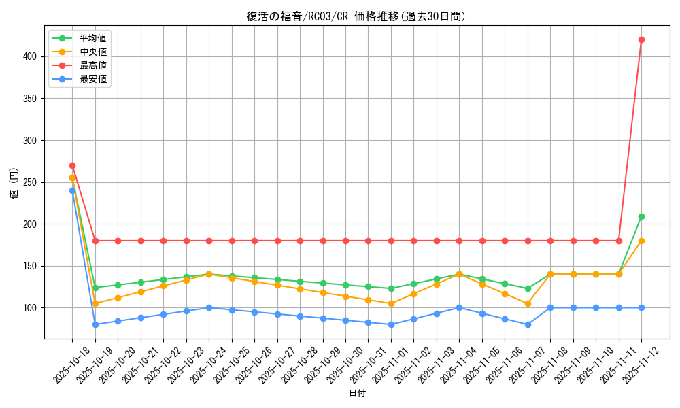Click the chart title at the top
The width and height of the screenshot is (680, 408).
point(356,16)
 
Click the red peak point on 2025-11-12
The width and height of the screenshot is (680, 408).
point(641,39)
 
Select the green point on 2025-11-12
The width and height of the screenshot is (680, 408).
point(641,216)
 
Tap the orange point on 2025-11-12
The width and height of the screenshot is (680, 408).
point(641,241)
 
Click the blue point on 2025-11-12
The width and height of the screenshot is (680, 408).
point(641,307)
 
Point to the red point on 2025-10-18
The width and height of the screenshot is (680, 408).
point(72,165)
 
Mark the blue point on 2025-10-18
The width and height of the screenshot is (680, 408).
point(72,190)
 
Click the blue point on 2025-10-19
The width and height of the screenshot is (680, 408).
point(95,324)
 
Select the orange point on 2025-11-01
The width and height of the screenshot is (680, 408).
point(391,303)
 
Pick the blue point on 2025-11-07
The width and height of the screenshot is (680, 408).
point(528,324)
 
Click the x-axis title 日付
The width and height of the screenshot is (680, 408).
point(357,394)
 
